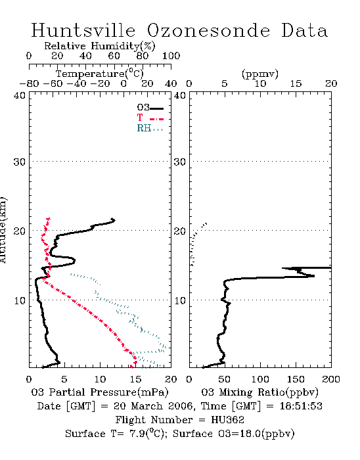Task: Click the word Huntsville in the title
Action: (83, 30)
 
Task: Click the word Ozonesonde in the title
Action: (208, 30)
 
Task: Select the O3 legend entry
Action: (150, 108)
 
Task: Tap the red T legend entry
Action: (150, 118)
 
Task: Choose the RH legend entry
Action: (150, 128)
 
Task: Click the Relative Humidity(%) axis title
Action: (100, 46)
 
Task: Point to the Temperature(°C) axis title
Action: (100, 74)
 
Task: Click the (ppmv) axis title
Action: (260, 74)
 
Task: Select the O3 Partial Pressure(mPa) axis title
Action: (100, 392)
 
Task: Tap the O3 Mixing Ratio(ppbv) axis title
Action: (259, 392)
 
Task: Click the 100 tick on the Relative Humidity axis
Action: (171, 56)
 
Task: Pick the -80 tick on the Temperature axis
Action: (29, 83)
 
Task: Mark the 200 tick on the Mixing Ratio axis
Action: (331, 379)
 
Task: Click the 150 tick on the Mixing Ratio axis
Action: (296, 379)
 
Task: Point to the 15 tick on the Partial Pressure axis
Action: (135, 379)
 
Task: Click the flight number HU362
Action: (227, 420)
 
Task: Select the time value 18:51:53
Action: (301, 406)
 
